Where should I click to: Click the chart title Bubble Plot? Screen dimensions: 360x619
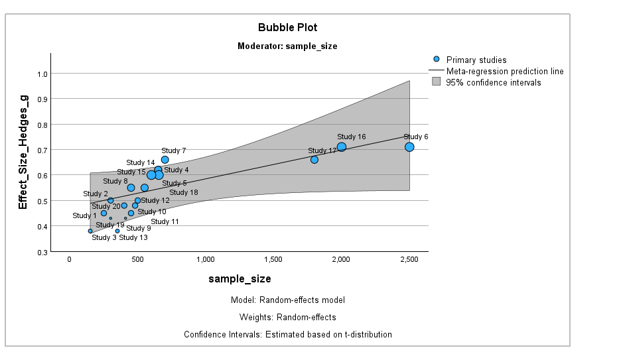[287, 27]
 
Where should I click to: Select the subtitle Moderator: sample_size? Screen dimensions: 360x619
[287, 46]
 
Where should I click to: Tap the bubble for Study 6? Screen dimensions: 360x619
[409, 147]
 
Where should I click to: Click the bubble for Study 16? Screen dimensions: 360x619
[342, 147]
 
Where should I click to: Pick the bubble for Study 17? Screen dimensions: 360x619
[314, 160]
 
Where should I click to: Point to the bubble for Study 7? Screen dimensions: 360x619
[165, 160]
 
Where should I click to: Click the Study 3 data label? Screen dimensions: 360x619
[103, 237]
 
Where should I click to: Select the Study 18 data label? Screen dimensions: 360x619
[184, 193]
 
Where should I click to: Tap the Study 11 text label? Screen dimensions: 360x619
[165, 222]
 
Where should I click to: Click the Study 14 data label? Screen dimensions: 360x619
[140, 162]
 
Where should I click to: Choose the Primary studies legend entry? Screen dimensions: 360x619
[476, 60]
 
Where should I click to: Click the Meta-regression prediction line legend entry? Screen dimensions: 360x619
[505, 71]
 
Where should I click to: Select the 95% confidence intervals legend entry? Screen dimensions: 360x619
[493, 82]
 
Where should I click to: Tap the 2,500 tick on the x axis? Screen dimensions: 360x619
[409, 260]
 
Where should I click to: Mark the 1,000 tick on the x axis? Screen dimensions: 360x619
[205, 260]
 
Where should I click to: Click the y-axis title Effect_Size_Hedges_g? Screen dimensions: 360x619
[23, 152]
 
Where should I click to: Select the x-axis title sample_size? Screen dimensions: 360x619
[240, 278]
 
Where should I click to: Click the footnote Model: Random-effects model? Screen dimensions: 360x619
[287, 300]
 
